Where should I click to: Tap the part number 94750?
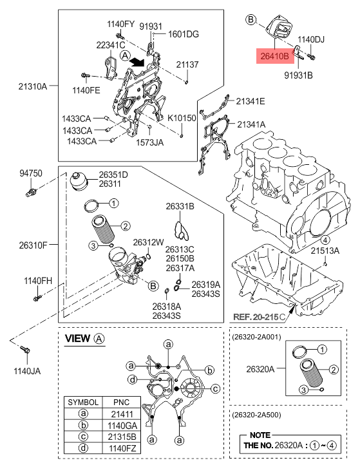[x=30, y=173]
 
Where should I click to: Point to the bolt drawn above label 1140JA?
[x=24, y=350]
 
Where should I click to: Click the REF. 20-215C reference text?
[x=261, y=317]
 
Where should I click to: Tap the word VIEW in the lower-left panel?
[x=79, y=338]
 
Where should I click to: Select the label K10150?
[x=181, y=119]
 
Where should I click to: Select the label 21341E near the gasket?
[x=251, y=100]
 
